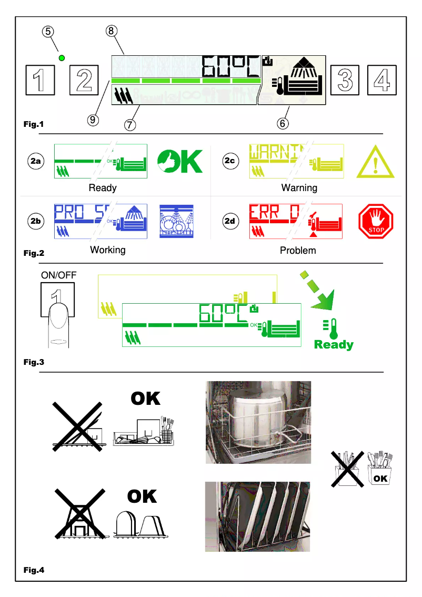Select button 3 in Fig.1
pyautogui.click(x=344, y=80)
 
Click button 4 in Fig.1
pyautogui.click(x=381, y=80)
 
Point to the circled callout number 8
pyautogui.click(x=110, y=31)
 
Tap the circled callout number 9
pyautogui.click(x=93, y=120)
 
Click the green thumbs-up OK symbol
pyautogui.click(x=180, y=162)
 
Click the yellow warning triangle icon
pyautogui.click(x=375, y=162)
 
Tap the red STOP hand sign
pyautogui.click(x=376, y=222)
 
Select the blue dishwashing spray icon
pyautogui.click(x=176, y=221)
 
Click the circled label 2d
pyautogui.click(x=230, y=221)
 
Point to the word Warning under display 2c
pyautogui.click(x=299, y=188)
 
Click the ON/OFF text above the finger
pyautogui.click(x=58, y=275)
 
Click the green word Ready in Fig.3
pyautogui.click(x=334, y=345)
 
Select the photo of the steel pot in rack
pyautogui.click(x=258, y=422)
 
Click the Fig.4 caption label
pyautogui.click(x=34, y=570)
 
